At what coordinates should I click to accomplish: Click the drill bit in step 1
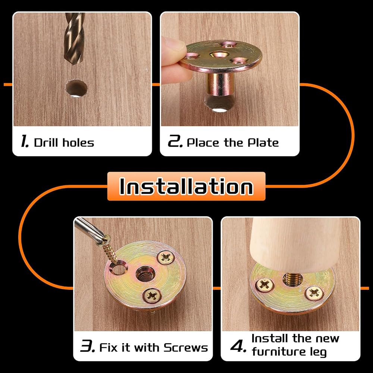[74, 38]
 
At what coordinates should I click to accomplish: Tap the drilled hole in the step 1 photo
[76, 89]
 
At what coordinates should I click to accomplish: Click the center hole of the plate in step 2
[218, 55]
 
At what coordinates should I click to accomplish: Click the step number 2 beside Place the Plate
[175, 141]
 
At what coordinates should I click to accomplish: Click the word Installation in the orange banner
[186, 186]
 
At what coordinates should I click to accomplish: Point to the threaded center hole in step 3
[145, 274]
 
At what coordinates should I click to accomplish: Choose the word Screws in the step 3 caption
[186, 348]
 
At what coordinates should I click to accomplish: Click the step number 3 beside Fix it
[88, 346]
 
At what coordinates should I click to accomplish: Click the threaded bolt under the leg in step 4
[292, 279]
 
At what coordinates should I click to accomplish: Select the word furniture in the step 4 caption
[279, 351]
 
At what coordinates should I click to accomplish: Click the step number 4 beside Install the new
[238, 346]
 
